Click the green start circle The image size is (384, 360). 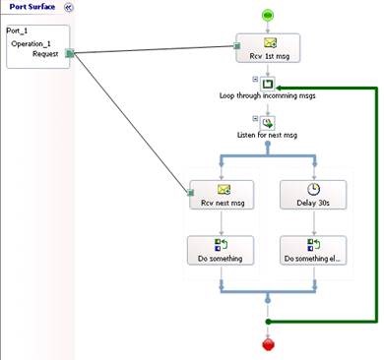[x=268, y=15]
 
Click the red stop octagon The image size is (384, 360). [x=268, y=344]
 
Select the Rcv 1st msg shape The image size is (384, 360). [x=268, y=48]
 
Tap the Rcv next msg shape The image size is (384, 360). [x=222, y=195]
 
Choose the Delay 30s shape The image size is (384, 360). [x=313, y=195]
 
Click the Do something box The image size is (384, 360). [x=221, y=250]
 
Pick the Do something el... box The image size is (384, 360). [x=313, y=250]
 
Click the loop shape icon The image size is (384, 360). [x=268, y=84]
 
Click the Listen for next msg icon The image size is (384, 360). [x=268, y=123]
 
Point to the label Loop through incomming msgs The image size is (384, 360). [x=268, y=95]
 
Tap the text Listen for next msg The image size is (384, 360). [x=267, y=135]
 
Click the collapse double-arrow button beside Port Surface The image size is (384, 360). [x=68, y=7]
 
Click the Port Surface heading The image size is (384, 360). [x=32, y=7]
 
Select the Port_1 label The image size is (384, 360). [x=17, y=30]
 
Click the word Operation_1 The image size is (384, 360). [x=32, y=43]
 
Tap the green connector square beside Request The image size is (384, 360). [x=70, y=53]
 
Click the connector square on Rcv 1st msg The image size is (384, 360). [x=237, y=46]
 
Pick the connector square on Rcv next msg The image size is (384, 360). [x=191, y=193]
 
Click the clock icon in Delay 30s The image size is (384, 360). [x=313, y=189]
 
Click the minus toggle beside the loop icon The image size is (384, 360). [x=255, y=79]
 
